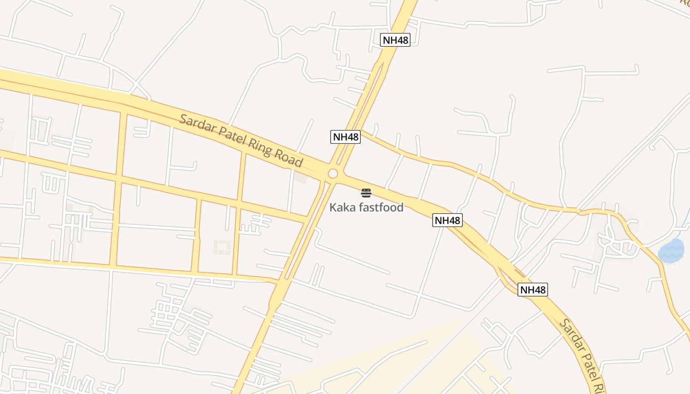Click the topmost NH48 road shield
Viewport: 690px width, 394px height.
(x=395, y=40)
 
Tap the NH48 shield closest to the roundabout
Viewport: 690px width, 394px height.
(x=345, y=136)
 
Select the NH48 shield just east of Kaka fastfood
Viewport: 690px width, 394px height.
(x=448, y=220)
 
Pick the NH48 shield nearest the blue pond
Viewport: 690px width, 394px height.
(x=533, y=290)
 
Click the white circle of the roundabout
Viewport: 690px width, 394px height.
(x=333, y=173)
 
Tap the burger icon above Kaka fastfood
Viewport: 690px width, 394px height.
(x=366, y=193)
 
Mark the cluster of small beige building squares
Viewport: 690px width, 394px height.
(x=222, y=247)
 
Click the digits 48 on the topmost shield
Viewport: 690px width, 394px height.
(x=402, y=40)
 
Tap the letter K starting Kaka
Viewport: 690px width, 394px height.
(x=333, y=207)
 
